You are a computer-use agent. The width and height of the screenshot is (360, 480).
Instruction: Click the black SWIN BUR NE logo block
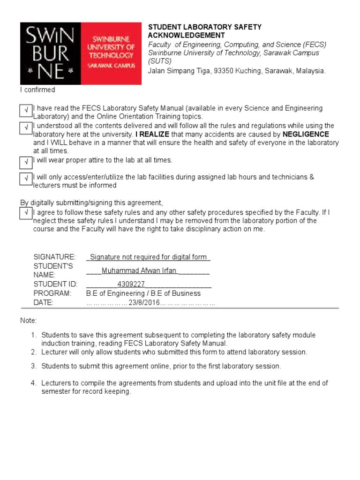[x=51, y=53]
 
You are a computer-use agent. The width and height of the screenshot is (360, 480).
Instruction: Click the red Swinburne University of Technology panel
[x=111, y=53]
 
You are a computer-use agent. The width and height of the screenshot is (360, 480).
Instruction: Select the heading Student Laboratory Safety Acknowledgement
[x=205, y=31]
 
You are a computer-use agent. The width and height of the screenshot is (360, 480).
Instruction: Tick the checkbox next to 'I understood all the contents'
[x=26, y=128]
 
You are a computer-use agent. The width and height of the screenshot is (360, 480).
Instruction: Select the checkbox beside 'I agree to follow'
[x=26, y=213]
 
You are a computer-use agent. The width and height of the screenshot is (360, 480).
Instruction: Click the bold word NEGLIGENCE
[x=306, y=135]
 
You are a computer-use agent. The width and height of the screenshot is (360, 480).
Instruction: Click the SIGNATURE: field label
[x=54, y=257]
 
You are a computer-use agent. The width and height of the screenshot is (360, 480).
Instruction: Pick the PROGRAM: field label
[x=52, y=293]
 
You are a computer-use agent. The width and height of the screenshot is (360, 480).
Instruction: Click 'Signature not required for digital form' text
[x=149, y=257]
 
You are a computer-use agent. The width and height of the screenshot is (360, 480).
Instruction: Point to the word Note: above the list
[x=28, y=321]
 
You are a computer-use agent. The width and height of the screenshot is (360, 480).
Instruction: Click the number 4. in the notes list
[x=33, y=383]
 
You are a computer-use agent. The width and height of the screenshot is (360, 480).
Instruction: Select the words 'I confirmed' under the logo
[x=37, y=90]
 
